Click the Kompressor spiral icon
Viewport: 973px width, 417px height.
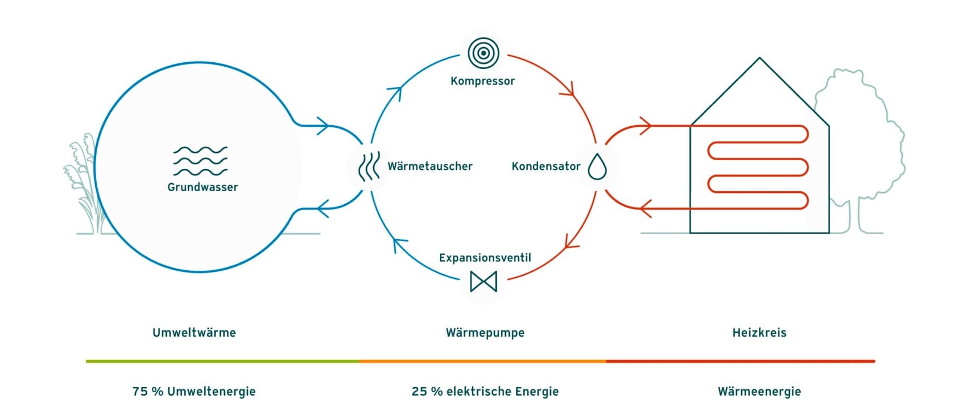pos(483,53)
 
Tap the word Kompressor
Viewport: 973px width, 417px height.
pos(483,81)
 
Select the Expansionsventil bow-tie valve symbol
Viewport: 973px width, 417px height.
pos(483,281)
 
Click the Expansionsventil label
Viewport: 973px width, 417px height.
pos(485,258)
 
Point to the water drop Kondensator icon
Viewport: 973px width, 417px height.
pos(597,166)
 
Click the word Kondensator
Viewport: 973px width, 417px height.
pos(545,166)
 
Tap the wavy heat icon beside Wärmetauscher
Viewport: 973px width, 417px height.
pos(369,166)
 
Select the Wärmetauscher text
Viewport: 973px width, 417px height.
pos(430,166)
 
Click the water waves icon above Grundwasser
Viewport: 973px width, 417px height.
pos(200,161)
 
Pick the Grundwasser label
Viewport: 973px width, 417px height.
pos(202,187)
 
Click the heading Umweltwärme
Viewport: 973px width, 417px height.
pos(194,333)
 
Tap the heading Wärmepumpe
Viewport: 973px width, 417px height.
pos(485,333)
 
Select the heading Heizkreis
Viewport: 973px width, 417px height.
pos(759,333)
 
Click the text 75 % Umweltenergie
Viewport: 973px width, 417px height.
pos(194,391)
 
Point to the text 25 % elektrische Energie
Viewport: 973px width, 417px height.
pos(485,391)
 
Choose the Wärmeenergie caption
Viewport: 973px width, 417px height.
pos(759,391)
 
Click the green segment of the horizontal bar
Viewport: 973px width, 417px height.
pos(222,361)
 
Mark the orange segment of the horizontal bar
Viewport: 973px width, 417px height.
pos(483,361)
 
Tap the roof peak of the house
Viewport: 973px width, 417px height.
pos(759,58)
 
